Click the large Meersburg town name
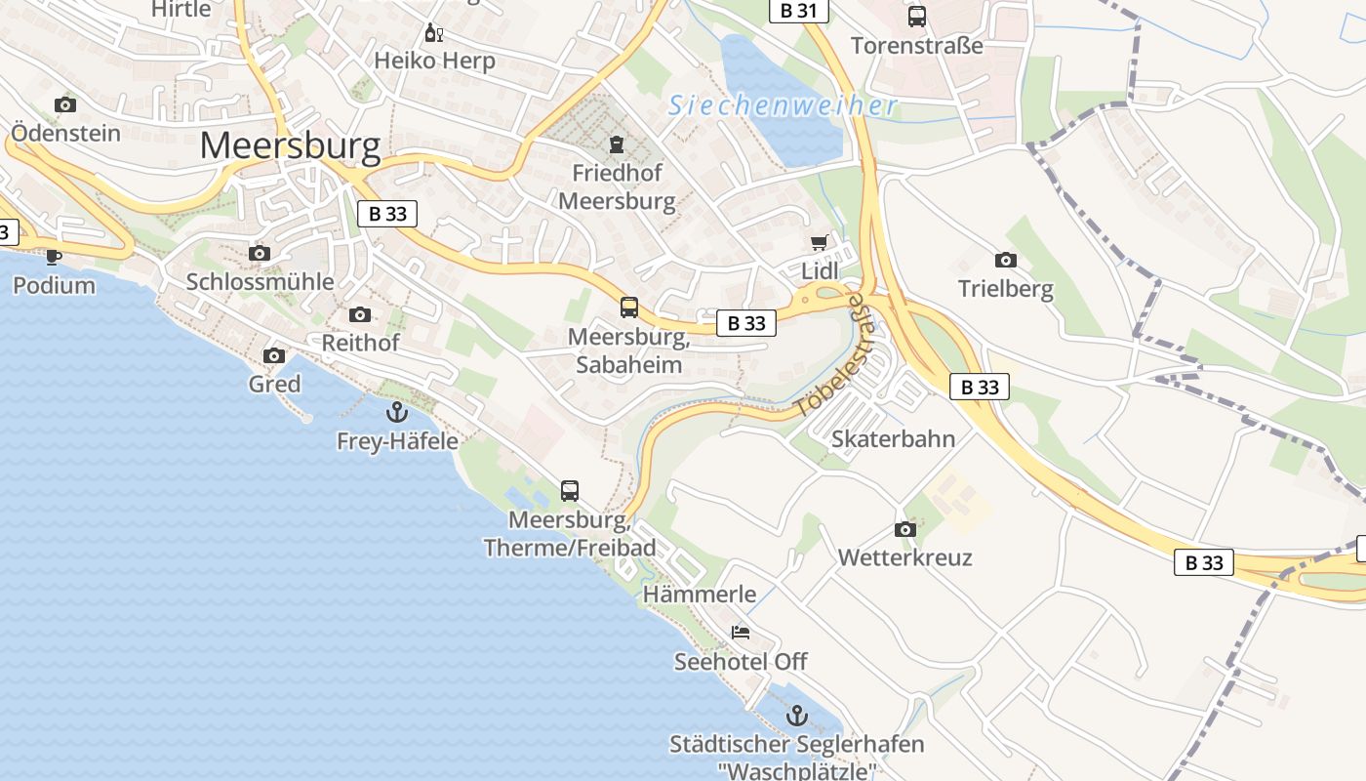(x=290, y=146)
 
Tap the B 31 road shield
(x=798, y=11)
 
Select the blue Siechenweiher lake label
(x=783, y=105)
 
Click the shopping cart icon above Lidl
(x=819, y=242)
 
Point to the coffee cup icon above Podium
(x=54, y=257)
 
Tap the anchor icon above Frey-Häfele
(x=396, y=412)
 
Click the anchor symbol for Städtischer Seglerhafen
(x=797, y=716)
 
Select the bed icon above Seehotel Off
(x=741, y=633)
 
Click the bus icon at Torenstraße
(x=916, y=17)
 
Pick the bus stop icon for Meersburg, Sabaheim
(x=629, y=308)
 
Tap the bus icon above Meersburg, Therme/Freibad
(x=570, y=491)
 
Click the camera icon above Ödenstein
(x=65, y=104)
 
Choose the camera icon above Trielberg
(x=1005, y=260)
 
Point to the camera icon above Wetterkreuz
(x=904, y=529)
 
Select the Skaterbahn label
(x=893, y=439)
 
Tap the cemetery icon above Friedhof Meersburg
(x=617, y=145)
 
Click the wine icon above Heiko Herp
(x=434, y=33)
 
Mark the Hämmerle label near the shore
(x=700, y=594)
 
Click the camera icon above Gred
(x=274, y=355)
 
